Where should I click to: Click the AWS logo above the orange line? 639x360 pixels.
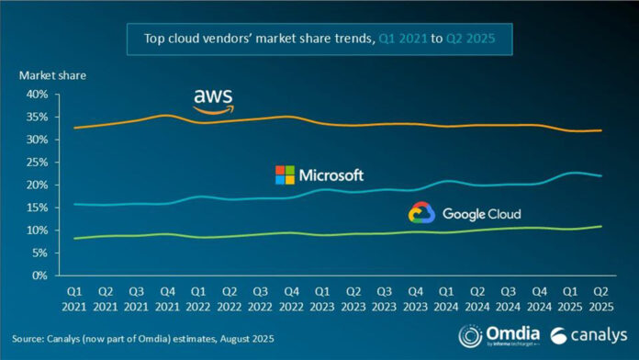(213, 101)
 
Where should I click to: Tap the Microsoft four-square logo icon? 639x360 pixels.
(286, 174)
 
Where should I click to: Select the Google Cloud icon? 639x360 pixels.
(421, 213)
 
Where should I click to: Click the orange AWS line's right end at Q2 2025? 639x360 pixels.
(601, 130)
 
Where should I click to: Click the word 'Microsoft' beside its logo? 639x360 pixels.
(332, 174)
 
